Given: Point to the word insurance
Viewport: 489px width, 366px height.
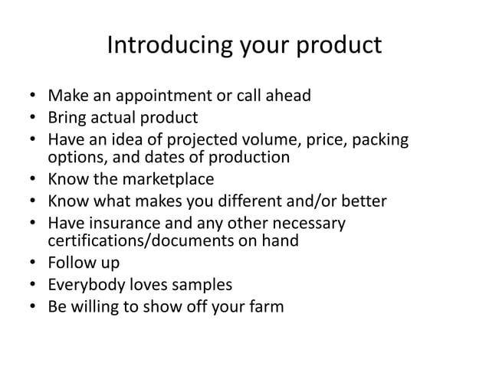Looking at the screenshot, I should pyautogui.click(x=120, y=224).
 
